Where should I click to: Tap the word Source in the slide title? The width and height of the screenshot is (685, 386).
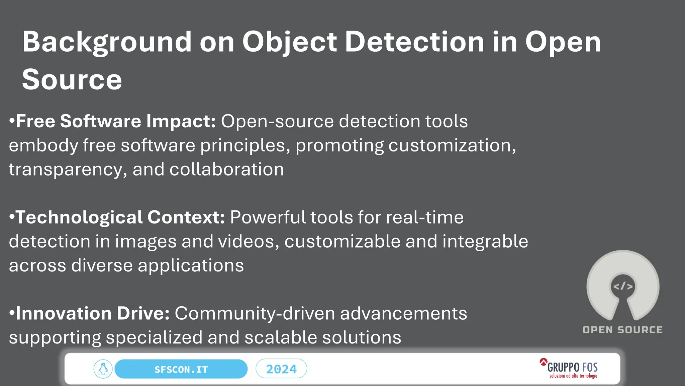click(72, 79)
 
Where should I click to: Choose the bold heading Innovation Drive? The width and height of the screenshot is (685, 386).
click(93, 313)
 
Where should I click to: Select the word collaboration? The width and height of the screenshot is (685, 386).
click(226, 169)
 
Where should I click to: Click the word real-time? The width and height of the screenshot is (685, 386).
click(424, 217)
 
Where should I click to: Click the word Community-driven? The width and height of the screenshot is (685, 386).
click(255, 313)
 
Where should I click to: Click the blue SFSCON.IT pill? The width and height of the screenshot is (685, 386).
click(181, 369)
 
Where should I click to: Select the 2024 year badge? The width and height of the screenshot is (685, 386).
click(281, 369)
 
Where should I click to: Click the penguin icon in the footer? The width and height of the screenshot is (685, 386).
click(103, 369)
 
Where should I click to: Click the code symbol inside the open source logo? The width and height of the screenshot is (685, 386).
click(623, 286)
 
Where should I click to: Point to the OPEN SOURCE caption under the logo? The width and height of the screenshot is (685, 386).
click(622, 330)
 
